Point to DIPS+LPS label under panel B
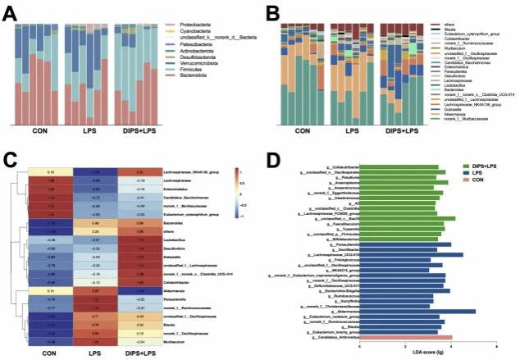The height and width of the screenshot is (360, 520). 401,131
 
